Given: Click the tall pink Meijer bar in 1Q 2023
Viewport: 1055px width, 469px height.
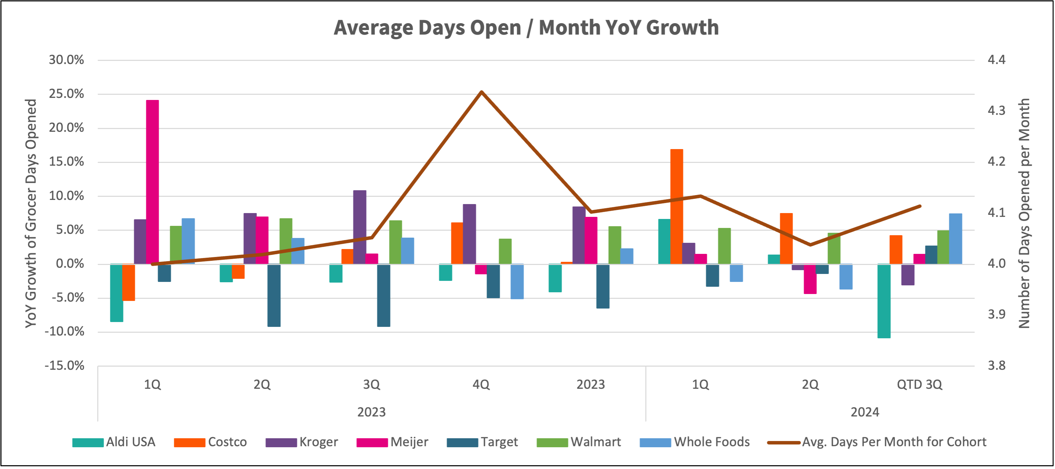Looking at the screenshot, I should click(x=152, y=182).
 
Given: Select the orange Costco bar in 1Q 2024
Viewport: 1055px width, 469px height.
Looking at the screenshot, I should click(x=676, y=206).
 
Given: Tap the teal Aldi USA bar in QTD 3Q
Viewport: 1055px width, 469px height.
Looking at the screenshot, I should click(x=884, y=301).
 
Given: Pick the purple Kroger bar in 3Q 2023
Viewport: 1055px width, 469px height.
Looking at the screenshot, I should click(x=360, y=227).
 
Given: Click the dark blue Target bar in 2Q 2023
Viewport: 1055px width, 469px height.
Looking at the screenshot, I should click(x=274, y=295).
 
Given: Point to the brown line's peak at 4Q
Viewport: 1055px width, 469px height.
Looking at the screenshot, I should click(x=482, y=92).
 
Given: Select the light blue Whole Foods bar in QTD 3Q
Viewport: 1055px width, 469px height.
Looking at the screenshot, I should click(x=955, y=239).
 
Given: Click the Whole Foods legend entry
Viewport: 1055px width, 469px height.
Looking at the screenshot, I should click(x=695, y=442).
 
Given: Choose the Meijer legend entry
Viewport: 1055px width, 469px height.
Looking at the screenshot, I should click(x=392, y=442).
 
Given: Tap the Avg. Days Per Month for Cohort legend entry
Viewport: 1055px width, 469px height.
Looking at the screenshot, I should click(x=876, y=442).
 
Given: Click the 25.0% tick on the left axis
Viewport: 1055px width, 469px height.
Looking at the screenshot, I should click(x=66, y=94).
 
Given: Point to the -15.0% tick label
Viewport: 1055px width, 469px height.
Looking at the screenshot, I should click(x=64, y=365).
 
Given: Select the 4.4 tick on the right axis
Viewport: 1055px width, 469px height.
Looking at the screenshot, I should click(x=997, y=60).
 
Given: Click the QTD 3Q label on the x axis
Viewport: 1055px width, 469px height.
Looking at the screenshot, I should click(x=919, y=385).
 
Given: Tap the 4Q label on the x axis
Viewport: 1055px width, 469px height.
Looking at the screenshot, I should click(x=481, y=385).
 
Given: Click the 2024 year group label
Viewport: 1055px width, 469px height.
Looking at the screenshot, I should click(x=865, y=412).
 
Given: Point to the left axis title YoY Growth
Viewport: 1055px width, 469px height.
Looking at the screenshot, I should click(x=31, y=213).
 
